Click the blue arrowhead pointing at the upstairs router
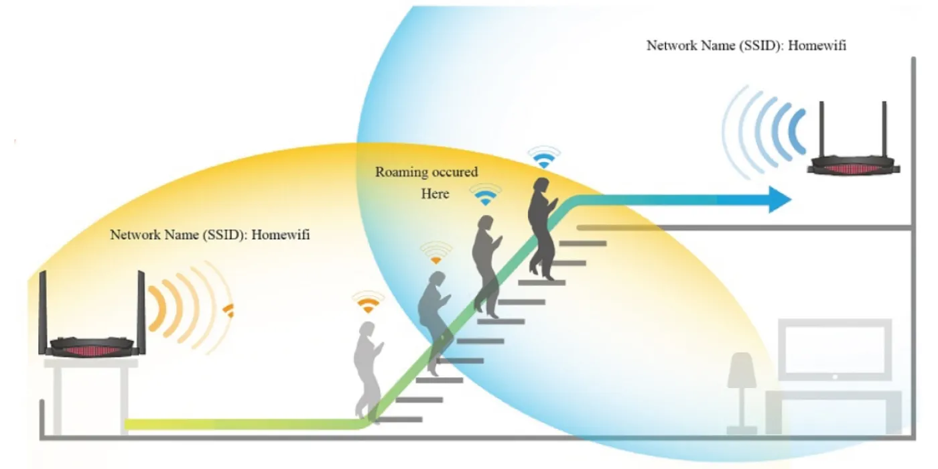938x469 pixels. pos(780,200)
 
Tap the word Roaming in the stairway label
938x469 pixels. pos(401,172)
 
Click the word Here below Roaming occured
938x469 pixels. pos(435,194)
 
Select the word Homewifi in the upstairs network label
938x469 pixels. pos(817,46)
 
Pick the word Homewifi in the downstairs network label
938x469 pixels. pos(281,234)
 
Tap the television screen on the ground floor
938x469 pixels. pos(835,350)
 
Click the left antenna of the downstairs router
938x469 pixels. pos(43,312)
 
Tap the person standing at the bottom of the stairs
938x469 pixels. pos(368,372)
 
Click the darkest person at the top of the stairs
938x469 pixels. pos(543,228)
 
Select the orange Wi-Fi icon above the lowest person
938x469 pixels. pos(368,302)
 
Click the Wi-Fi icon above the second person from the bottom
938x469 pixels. pos(436,253)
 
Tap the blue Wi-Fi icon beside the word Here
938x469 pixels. pos(485,194)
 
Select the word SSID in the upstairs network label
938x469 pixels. pos(760,46)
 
